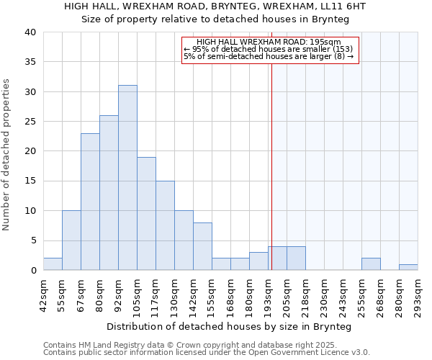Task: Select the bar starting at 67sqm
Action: point(90,202)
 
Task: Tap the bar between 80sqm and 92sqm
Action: point(109,193)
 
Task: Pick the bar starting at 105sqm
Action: point(146,214)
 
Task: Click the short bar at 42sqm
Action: point(53,264)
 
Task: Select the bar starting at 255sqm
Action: point(371,264)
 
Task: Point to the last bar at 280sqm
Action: point(408,267)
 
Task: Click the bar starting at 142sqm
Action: point(202,246)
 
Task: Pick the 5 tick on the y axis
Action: point(33,240)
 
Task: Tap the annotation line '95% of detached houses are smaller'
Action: point(268,49)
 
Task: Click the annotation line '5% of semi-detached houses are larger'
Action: point(268,56)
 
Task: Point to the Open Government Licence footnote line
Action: point(206,353)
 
